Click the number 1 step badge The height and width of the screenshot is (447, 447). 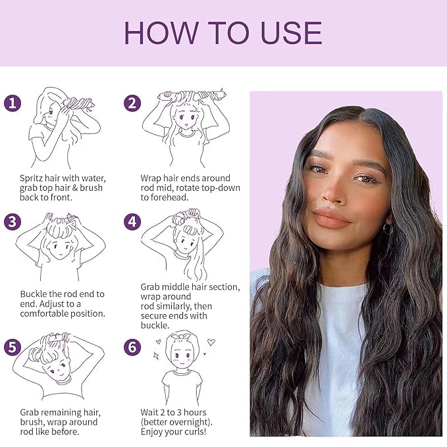(13, 103)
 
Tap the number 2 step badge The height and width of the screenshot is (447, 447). (132, 103)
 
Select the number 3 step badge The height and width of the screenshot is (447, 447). (13, 222)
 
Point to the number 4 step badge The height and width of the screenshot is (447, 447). (132, 222)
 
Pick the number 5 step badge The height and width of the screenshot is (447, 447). (13, 347)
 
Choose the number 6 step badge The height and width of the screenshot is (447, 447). (132, 347)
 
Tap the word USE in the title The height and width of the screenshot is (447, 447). (290, 33)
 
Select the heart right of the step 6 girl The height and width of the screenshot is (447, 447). (211, 342)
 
